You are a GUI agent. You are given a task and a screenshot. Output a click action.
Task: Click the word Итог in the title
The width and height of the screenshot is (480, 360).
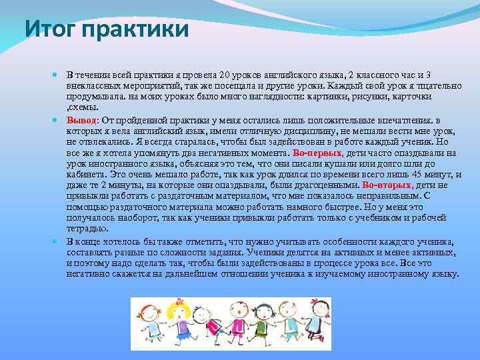[x=48, y=29]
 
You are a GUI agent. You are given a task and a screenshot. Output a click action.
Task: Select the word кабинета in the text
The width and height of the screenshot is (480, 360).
[x=85, y=174]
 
